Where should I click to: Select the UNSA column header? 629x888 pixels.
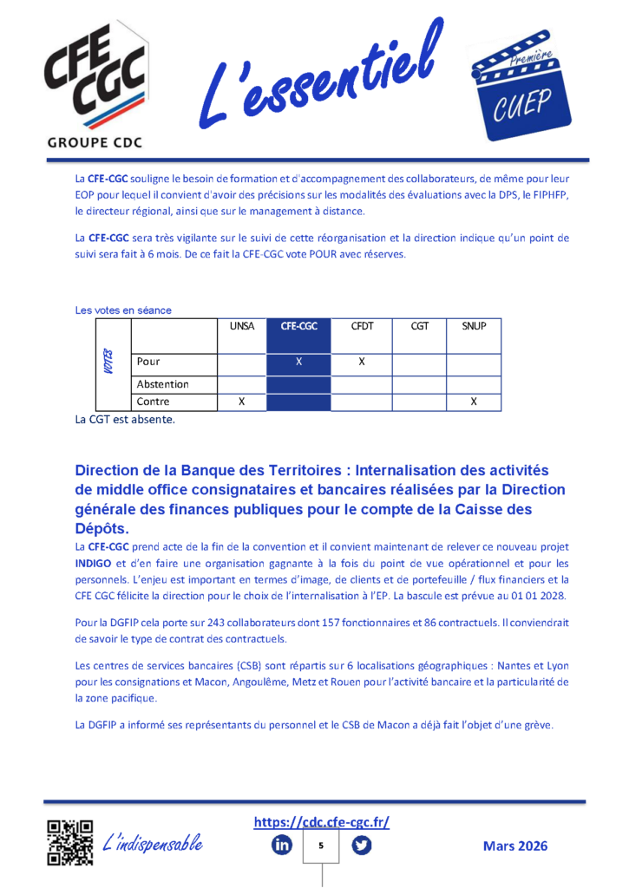241,327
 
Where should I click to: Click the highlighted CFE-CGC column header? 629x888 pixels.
298,327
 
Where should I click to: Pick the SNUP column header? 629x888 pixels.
474,327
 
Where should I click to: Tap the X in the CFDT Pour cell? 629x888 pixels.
362,361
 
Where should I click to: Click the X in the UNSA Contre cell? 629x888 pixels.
241,402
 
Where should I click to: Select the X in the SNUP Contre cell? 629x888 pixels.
474,402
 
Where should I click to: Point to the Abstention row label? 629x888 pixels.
162,384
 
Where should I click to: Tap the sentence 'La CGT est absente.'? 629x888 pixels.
125,421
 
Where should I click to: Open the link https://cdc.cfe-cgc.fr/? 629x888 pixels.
321,822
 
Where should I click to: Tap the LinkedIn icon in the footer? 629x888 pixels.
282,846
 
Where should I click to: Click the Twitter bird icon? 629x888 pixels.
361,846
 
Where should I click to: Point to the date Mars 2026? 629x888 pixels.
515,846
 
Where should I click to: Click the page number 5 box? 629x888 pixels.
321,846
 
